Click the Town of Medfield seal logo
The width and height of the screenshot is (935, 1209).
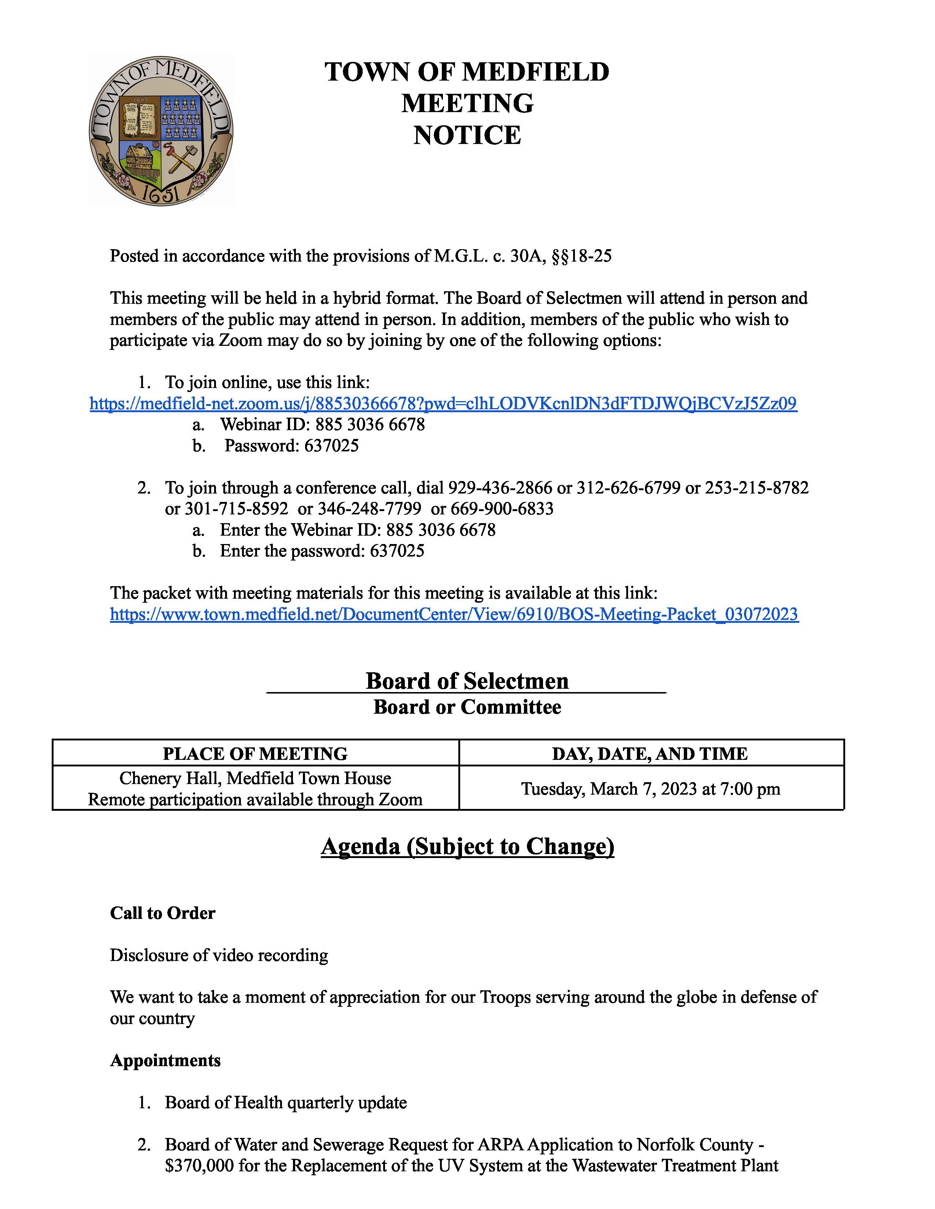pyautogui.click(x=161, y=131)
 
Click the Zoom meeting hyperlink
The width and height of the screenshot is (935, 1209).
pyautogui.click(x=443, y=404)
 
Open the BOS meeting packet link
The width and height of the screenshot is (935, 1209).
pyautogui.click(x=454, y=614)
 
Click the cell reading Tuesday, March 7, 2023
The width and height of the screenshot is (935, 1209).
pyautogui.click(x=650, y=788)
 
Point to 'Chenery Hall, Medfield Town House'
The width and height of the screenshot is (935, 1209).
pyautogui.click(x=255, y=778)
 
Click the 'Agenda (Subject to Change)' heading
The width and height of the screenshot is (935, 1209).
pyautogui.click(x=467, y=846)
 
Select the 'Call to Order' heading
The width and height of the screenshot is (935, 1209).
pyautogui.click(x=162, y=913)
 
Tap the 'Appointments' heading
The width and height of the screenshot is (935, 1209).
pyautogui.click(x=165, y=1060)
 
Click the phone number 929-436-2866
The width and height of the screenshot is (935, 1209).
pyautogui.click(x=500, y=488)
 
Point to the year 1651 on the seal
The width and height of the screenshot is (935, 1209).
pyautogui.click(x=160, y=193)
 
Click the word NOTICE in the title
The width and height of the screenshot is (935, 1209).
pyautogui.click(x=467, y=136)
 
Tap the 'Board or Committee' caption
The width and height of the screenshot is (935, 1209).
pyautogui.click(x=467, y=707)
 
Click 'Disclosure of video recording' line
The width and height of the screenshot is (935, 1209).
pyautogui.click(x=219, y=955)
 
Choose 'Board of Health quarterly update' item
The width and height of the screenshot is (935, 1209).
pyautogui.click(x=286, y=1102)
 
